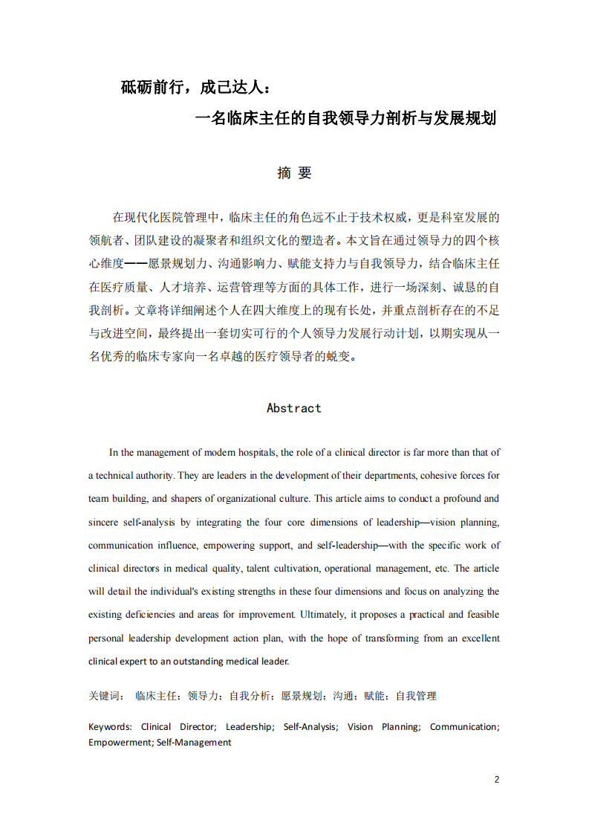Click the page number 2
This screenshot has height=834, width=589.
pyautogui.click(x=497, y=779)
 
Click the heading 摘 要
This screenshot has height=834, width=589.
pyautogui.click(x=294, y=172)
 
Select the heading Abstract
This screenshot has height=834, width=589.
pyautogui.click(x=294, y=408)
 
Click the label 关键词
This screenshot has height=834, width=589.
pyautogui.click(x=105, y=696)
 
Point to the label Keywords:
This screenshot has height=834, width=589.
pyautogui.click(x=110, y=726)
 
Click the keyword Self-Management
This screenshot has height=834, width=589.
pyautogui.click(x=194, y=742)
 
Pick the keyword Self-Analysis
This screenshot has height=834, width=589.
pyautogui.click(x=310, y=726)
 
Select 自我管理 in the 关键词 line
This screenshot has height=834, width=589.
pyautogui.click(x=416, y=696)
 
